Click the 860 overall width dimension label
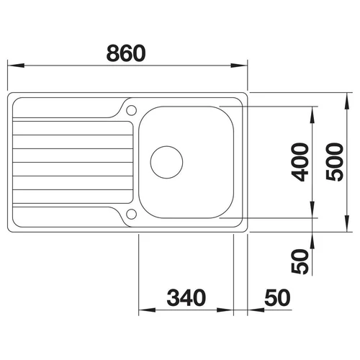click(x=126, y=53)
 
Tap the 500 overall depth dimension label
click(x=335, y=162)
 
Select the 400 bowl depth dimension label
click(x=300, y=162)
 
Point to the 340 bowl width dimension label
click(x=186, y=297)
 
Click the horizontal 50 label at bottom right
click(x=277, y=297)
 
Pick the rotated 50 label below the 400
click(x=300, y=261)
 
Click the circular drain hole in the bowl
click(x=166, y=162)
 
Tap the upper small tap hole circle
click(x=132, y=110)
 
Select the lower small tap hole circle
click(x=132, y=214)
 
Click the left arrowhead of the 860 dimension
click(x=16, y=66)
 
